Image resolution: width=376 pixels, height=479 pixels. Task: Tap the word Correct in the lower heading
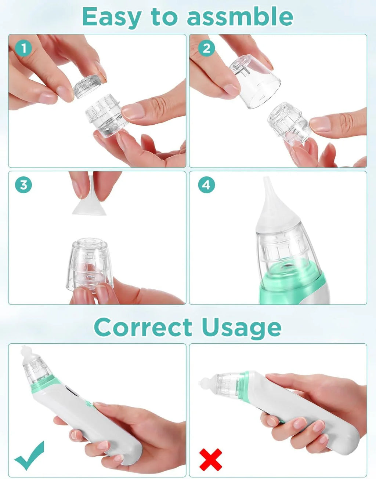(x=143, y=327)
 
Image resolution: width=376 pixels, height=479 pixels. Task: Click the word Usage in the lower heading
(x=241, y=327)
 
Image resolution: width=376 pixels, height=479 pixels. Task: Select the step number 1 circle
(x=23, y=48)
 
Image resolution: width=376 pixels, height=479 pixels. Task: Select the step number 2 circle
(x=206, y=48)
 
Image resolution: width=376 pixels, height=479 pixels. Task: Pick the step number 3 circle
(x=23, y=185)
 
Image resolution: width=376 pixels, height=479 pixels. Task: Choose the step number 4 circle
(x=206, y=185)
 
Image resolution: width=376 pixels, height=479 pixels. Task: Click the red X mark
(x=210, y=459)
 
